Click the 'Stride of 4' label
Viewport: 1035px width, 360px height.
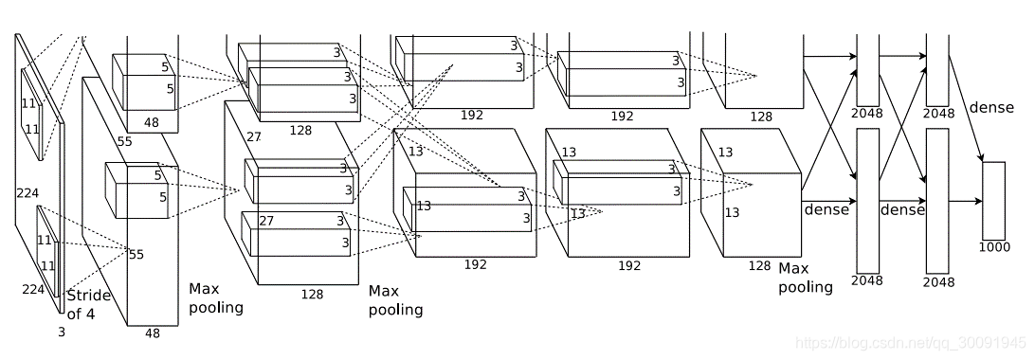88,304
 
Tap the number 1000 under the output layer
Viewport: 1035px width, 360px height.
995,247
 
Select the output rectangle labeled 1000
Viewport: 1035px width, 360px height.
994,201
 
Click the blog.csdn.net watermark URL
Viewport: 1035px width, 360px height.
911,343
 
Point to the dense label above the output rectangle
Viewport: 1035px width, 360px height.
991,107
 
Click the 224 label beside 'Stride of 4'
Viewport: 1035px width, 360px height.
33,290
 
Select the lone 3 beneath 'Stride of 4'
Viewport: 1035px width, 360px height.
62,333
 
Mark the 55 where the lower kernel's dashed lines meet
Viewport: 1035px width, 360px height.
136,255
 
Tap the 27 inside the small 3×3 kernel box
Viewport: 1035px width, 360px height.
266,221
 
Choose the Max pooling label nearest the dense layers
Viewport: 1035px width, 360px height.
806,278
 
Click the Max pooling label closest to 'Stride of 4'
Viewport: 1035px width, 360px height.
216,298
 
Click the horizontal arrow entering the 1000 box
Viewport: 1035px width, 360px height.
966,201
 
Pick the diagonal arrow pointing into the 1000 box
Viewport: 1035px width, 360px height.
966,108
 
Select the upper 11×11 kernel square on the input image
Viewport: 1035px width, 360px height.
31,114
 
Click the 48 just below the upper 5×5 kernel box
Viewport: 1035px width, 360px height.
152,122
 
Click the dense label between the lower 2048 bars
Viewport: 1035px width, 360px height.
902,209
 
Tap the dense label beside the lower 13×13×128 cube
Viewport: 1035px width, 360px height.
826,209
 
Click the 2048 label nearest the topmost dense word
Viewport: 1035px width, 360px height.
939,113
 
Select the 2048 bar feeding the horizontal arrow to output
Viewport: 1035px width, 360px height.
937,201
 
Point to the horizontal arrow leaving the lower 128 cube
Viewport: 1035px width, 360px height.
829,201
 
